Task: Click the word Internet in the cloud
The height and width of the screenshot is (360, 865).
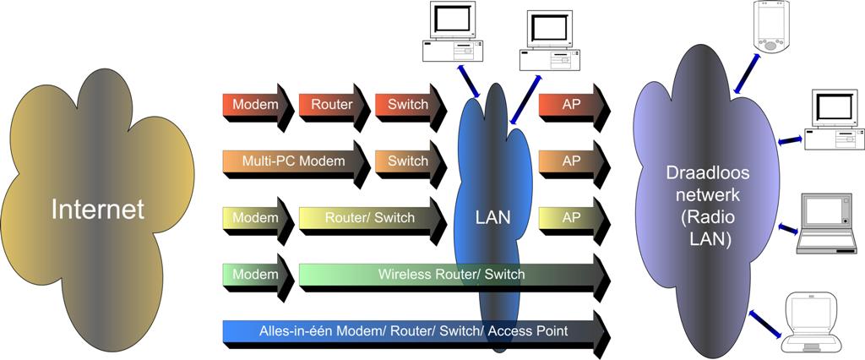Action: tap(98, 209)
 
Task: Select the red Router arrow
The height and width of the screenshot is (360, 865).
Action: tap(332, 105)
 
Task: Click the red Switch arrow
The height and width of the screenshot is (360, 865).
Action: tap(408, 105)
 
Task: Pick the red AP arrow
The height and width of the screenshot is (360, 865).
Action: tap(572, 105)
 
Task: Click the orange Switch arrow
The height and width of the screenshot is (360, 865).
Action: tap(408, 161)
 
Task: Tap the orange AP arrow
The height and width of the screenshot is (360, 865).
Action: tap(572, 161)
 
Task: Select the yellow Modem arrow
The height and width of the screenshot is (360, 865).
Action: tap(255, 217)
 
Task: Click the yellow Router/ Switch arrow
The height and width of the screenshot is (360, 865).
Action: tap(370, 217)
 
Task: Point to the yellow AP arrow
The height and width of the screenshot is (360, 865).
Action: tap(572, 217)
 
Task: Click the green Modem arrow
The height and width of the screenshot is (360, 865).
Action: tap(255, 274)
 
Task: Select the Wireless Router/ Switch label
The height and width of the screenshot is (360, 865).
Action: tap(451, 274)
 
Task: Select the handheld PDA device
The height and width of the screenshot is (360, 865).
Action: tap(768, 28)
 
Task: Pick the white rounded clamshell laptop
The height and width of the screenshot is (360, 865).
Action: tap(811, 321)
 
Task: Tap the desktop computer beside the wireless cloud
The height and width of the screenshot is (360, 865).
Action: tap(831, 120)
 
